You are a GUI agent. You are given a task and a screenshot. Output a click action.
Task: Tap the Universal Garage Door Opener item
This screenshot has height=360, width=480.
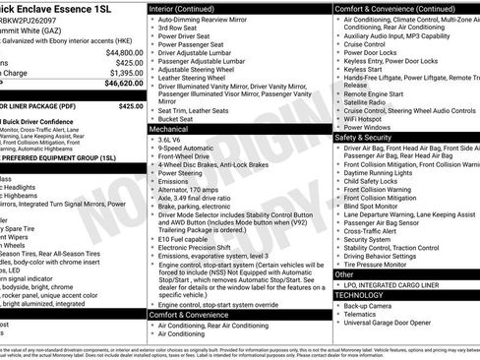[393, 323]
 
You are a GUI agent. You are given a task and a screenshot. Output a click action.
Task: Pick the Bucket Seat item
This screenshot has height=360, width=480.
[177, 118]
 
